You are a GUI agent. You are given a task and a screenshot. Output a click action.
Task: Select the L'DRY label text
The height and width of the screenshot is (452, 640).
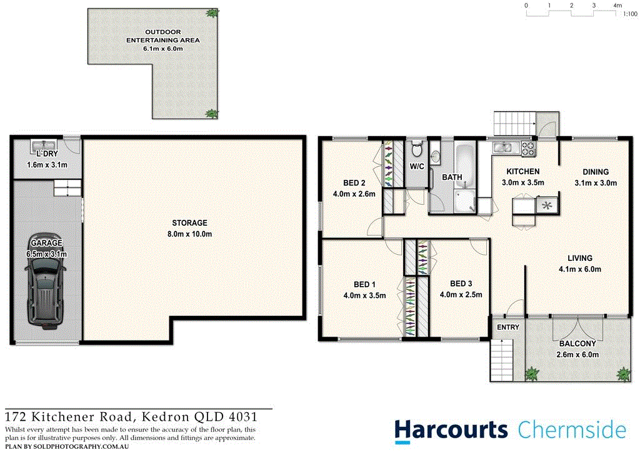[46, 154]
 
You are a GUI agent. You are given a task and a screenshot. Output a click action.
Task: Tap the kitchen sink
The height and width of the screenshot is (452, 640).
[503, 148]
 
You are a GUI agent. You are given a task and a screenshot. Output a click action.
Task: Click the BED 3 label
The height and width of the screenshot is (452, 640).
[461, 283]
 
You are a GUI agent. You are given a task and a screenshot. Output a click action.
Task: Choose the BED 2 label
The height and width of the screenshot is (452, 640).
[354, 183]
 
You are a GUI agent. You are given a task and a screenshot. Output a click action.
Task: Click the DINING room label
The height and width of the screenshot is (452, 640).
[596, 172]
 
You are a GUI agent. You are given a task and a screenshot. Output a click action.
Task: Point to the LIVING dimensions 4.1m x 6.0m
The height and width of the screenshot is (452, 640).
[580, 269]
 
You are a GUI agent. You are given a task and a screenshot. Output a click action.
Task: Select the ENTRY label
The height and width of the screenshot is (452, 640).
[507, 328]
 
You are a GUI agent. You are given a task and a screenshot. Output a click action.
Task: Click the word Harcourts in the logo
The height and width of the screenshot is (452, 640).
[451, 430]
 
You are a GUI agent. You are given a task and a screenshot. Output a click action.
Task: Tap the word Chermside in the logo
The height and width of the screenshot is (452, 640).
[571, 430]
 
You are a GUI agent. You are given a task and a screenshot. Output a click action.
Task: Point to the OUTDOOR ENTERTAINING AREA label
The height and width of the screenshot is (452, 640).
[163, 36]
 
